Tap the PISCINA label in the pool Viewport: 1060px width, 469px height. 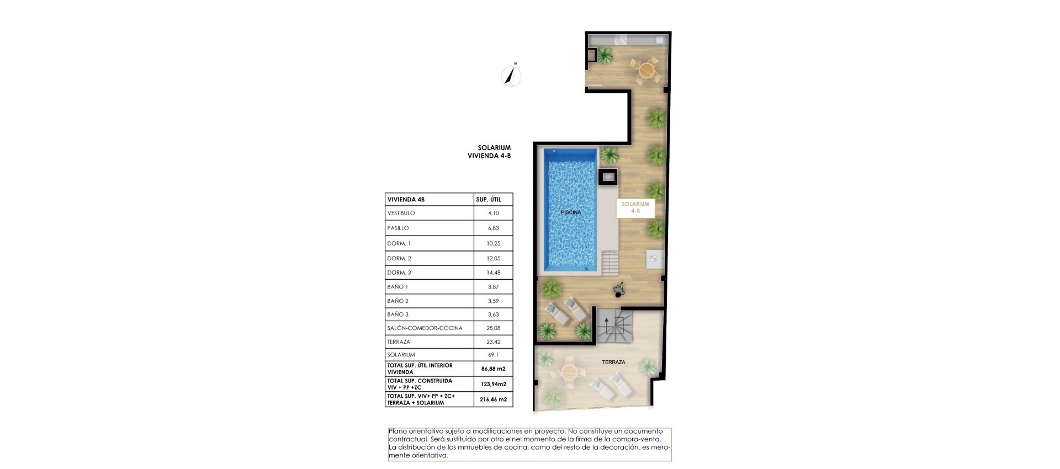pos(571,212)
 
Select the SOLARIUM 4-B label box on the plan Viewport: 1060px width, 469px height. pos(635,207)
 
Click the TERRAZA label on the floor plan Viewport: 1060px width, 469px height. pos(613,363)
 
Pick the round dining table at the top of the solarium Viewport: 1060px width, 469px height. pos(646,70)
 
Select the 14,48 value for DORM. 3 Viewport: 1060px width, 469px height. pos(493,273)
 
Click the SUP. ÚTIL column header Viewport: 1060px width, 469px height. pos(488,200)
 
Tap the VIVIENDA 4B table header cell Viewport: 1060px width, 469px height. pos(406,200)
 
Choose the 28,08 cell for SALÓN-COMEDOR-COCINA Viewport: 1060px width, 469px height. pos(493,328)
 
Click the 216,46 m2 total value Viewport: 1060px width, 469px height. pos(493,399)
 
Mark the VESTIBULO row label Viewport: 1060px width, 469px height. pos(401,213)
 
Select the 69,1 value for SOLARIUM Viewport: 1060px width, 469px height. pos(493,355)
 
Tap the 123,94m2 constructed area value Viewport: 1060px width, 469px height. pos(493,384)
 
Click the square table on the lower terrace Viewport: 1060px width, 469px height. pos(569,371)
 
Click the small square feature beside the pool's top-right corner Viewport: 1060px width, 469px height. pos(609,177)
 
